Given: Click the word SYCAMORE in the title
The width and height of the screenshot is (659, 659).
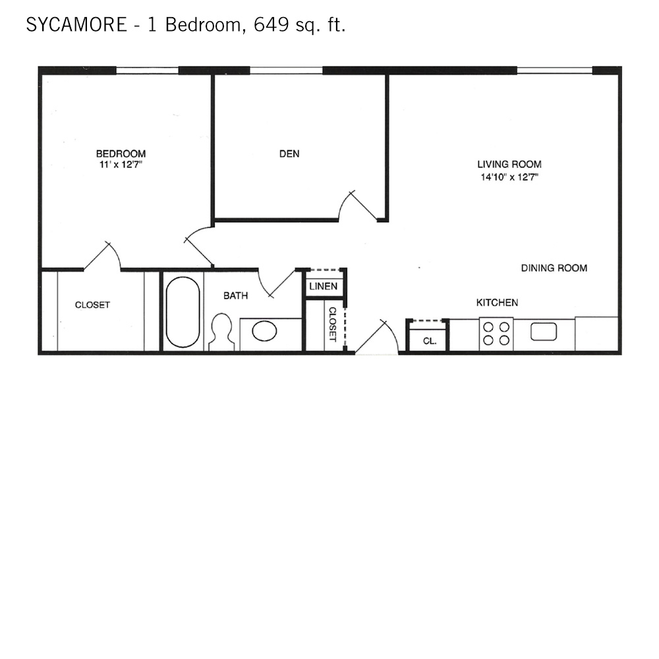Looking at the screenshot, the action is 76,25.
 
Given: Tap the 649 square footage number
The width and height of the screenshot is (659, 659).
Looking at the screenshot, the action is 271,25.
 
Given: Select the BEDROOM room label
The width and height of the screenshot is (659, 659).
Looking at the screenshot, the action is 121,154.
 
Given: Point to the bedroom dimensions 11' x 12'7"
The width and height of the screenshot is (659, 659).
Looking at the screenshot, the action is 121,164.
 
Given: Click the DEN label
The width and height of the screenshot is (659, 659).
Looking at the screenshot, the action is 289,154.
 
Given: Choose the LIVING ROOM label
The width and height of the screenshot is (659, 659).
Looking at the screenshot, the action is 509,164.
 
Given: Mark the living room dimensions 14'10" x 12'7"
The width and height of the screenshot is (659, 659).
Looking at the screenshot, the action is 509,177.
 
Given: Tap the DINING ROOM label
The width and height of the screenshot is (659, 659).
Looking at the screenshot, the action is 554,268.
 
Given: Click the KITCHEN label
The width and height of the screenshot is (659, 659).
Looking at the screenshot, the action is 497,302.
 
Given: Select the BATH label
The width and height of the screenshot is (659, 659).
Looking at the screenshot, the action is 236,296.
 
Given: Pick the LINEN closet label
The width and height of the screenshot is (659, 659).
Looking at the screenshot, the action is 323,287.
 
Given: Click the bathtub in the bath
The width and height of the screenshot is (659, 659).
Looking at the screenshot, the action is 183,312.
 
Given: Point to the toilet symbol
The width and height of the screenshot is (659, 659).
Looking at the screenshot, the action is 221,332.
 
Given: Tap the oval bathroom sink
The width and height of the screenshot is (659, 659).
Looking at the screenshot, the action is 264,331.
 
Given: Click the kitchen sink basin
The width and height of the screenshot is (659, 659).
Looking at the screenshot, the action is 544,331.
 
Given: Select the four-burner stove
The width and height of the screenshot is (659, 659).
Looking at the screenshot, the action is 496,333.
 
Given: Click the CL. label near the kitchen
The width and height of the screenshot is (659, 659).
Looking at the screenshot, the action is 430,341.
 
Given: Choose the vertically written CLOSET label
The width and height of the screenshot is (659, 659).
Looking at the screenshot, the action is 332,324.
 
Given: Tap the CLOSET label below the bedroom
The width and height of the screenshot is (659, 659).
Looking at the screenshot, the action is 92,305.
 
